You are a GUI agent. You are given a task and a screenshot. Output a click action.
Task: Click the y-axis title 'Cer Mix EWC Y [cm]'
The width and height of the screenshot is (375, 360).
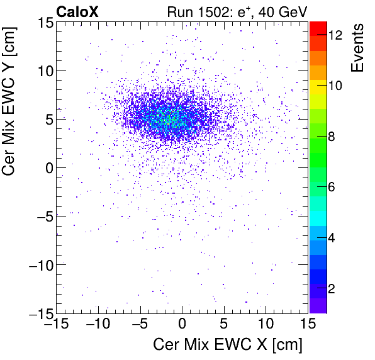(x=14, y=167)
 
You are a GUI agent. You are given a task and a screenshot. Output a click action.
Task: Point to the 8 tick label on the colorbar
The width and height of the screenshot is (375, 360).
(x=334, y=137)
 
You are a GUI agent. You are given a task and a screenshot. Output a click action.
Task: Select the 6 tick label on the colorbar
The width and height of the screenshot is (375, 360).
(x=334, y=187)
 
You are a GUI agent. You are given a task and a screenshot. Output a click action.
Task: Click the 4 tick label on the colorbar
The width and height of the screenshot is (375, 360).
(x=334, y=238)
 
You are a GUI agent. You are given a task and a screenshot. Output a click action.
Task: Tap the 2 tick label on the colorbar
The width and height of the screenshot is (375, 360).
(x=334, y=288)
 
